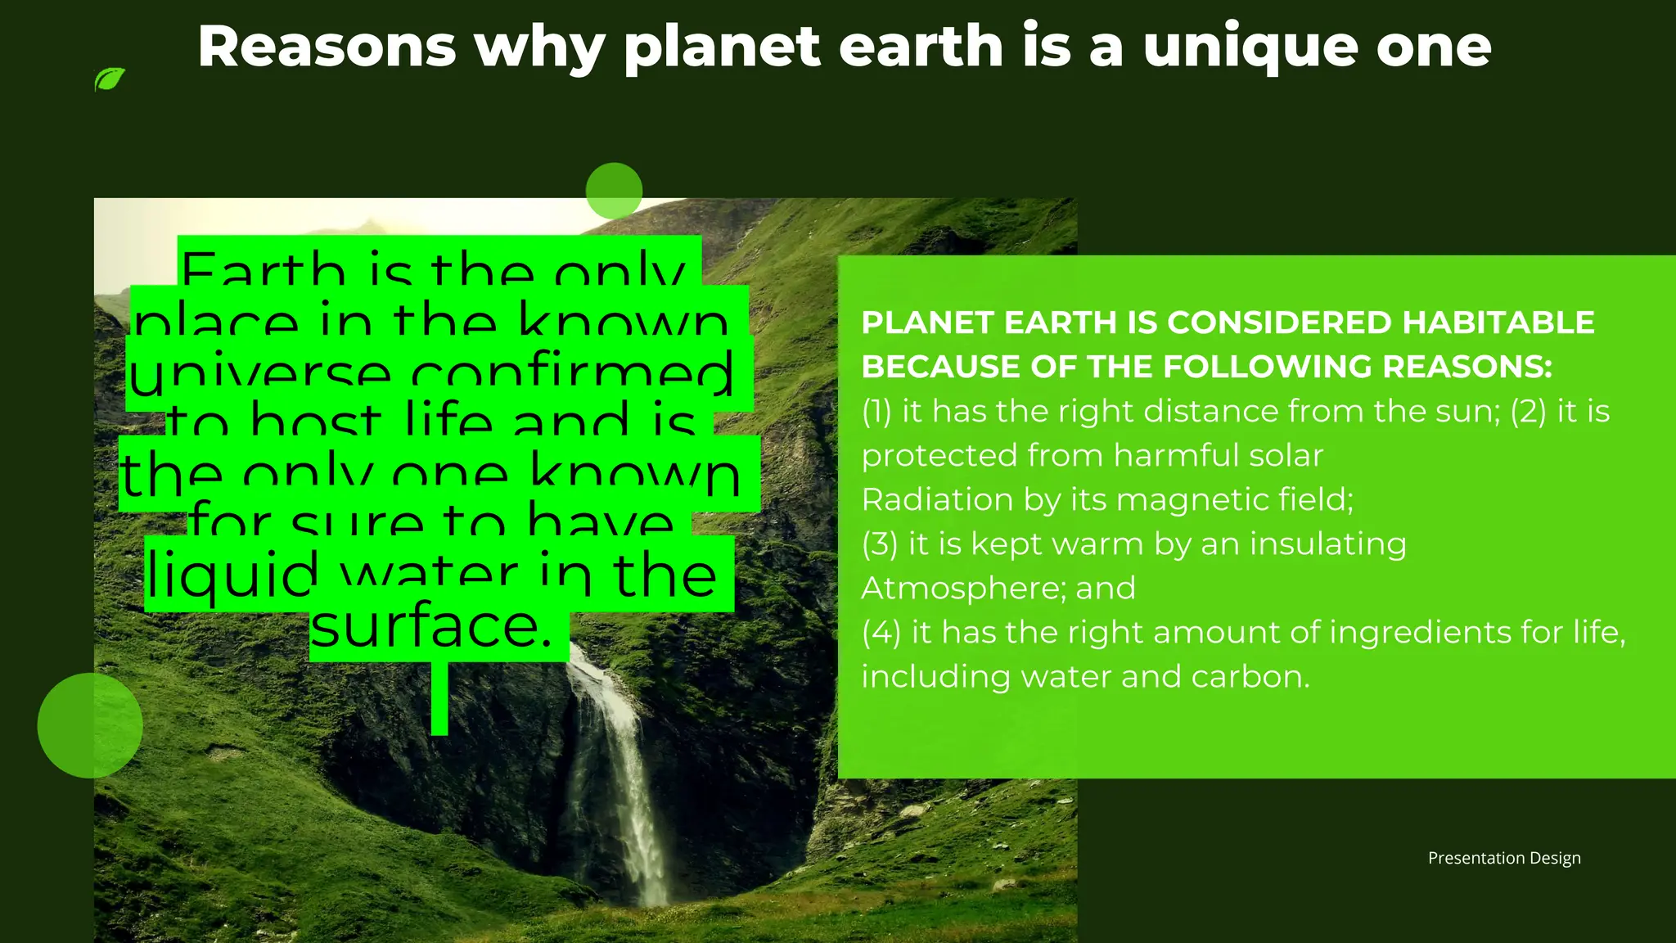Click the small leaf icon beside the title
[110, 79]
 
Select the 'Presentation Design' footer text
[1504, 858]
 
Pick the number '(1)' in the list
[876, 411]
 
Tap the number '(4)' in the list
[881, 632]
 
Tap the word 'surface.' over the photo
[431, 627]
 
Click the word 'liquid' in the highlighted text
[232, 575]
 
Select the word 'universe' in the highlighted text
[260, 375]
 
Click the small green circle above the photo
[614, 191]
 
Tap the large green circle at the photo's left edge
[90, 725]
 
